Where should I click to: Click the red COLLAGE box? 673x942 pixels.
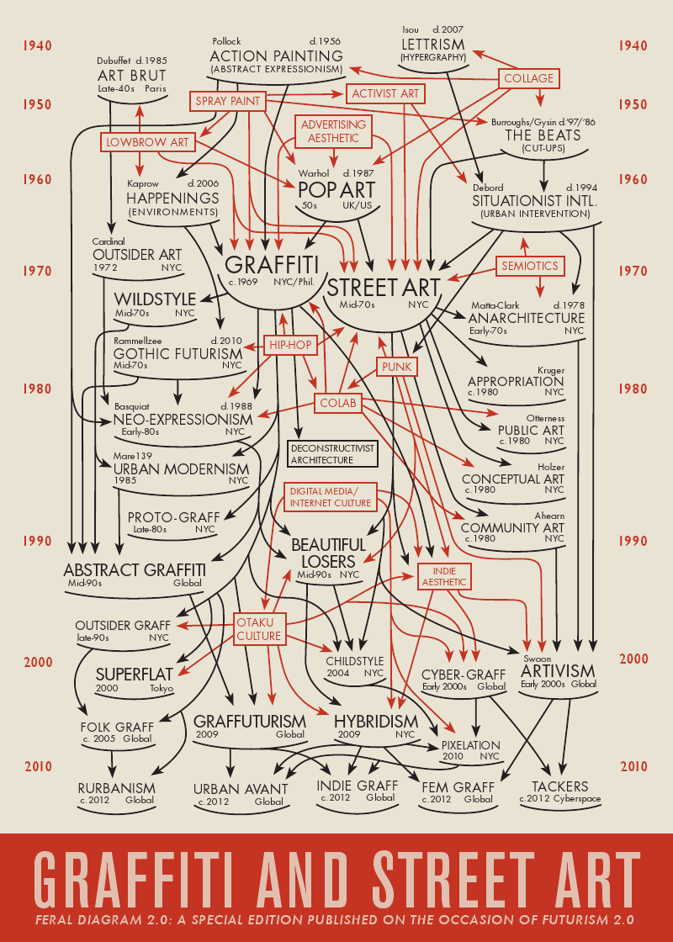529,78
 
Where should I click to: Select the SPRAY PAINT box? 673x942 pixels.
226,101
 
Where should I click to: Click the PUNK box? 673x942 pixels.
395,367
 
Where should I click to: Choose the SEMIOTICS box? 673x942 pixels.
530,266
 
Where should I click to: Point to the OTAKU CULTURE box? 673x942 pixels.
259,628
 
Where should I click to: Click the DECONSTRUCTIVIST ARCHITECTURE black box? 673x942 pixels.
332,454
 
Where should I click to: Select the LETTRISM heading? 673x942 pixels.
432,44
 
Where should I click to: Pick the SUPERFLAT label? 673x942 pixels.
135,675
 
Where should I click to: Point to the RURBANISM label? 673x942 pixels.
116,788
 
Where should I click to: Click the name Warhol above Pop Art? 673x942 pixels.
315,173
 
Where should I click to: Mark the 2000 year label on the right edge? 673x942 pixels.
634,659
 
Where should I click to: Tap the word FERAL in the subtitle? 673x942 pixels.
57,918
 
